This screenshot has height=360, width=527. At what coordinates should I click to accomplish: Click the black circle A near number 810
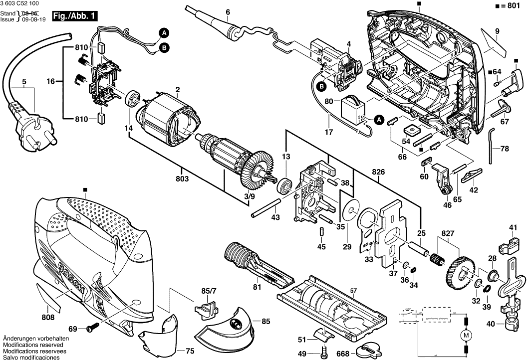163,33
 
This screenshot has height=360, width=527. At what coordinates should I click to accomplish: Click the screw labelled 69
92,329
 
